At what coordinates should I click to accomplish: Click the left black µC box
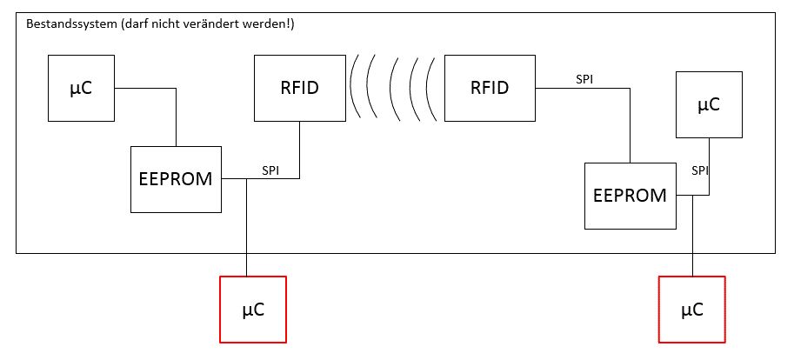point(82,88)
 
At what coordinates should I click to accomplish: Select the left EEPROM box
point(177,179)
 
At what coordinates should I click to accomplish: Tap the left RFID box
point(300,88)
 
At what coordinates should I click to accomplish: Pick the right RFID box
point(490,88)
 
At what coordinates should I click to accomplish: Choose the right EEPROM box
point(630,195)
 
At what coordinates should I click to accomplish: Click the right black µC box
point(709,105)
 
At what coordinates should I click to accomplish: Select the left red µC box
point(253,309)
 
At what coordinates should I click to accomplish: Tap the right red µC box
point(692,309)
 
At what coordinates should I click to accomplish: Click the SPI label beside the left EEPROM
point(270,170)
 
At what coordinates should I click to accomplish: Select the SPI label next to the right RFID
point(585,79)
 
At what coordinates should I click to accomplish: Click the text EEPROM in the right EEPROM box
point(630,196)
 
